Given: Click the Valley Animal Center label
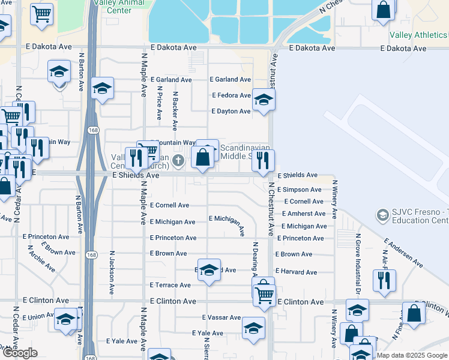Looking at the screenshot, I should point(122,6).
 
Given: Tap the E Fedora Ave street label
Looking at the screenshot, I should point(231,95).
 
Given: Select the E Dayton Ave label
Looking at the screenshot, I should point(231,112).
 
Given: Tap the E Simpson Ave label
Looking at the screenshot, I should point(300,190).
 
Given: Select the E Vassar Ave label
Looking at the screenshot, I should point(221,317).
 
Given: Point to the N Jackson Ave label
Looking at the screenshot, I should point(112,271).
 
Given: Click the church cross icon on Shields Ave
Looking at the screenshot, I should point(178,161).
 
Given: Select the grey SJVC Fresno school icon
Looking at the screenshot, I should point(382,215).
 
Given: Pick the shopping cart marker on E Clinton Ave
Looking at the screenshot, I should point(264,294).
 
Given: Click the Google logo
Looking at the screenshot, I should point(20,353).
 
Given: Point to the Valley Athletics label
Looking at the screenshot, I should point(418,35).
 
